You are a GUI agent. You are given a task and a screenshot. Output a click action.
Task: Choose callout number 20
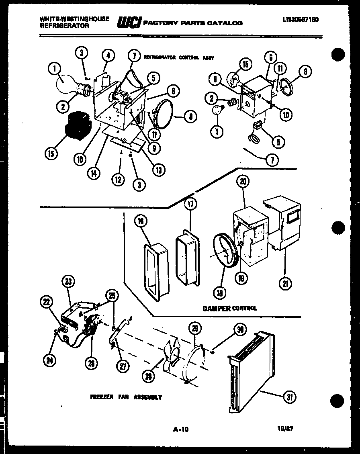click(x=242, y=182)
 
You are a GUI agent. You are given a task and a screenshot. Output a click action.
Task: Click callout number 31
click(x=288, y=397)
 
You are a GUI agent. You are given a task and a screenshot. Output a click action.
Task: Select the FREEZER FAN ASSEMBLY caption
click(x=126, y=397)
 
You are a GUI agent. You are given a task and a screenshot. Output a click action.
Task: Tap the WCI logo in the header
click(x=128, y=23)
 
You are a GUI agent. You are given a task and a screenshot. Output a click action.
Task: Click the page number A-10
click(x=180, y=429)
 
